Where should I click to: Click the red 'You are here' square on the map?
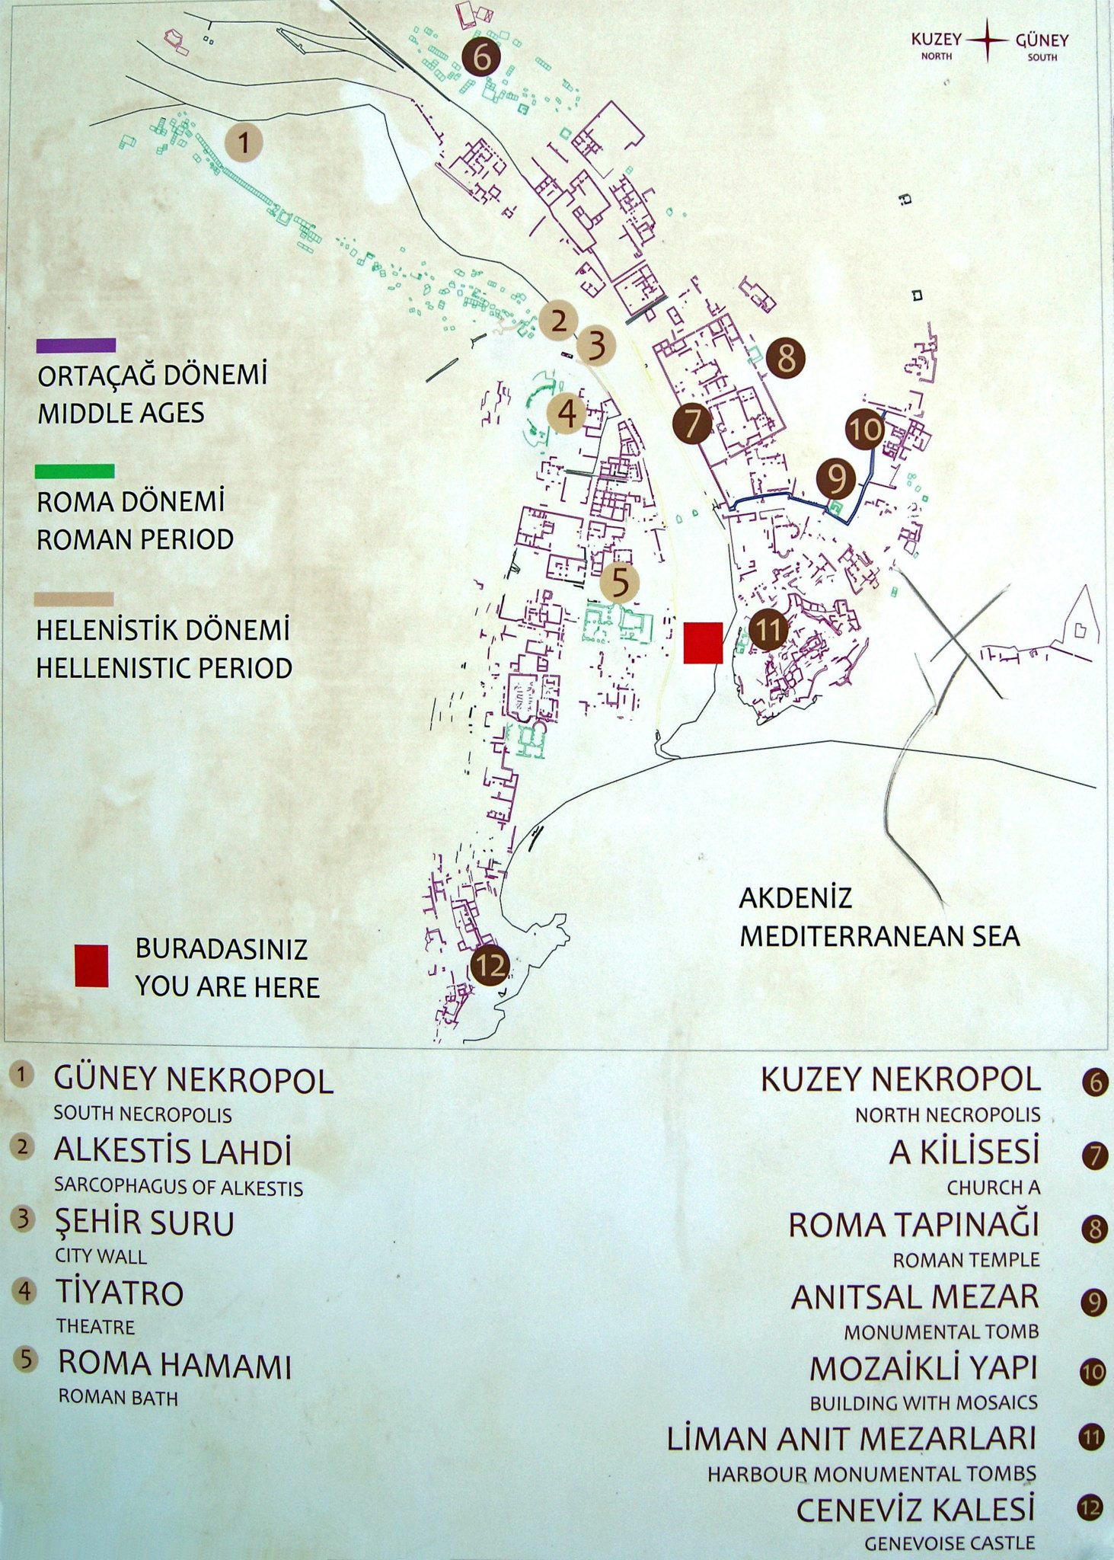(x=702, y=643)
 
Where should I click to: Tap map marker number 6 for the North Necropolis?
(x=480, y=56)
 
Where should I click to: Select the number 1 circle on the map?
(x=244, y=142)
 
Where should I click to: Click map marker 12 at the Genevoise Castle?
(x=490, y=966)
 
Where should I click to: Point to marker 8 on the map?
(x=786, y=356)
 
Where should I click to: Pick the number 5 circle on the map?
(x=620, y=583)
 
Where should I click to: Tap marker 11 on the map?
(x=768, y=630)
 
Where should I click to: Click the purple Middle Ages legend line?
(x=76, y=346)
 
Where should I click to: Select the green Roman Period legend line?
(x=75, y=472)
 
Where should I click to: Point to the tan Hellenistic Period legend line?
(x=74, y=599)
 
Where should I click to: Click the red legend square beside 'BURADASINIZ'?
(x=91, y=966)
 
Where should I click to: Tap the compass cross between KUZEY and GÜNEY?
(x=988, y=40)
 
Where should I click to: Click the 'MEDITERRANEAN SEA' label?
(x=879, y=936)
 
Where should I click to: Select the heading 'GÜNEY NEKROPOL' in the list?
(x=193, y=1081)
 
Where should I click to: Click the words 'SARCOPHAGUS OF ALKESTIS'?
(x=178, y=1188)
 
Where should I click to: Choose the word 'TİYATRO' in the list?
(x=120, y=1293)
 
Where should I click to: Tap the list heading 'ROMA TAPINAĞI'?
(x=913, y=1225)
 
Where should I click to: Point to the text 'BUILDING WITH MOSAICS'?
(x=924, y=1402)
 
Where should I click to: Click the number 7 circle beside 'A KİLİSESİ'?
(x=1094, y=1156)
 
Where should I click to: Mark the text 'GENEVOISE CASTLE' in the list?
(x=950, y=1543)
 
